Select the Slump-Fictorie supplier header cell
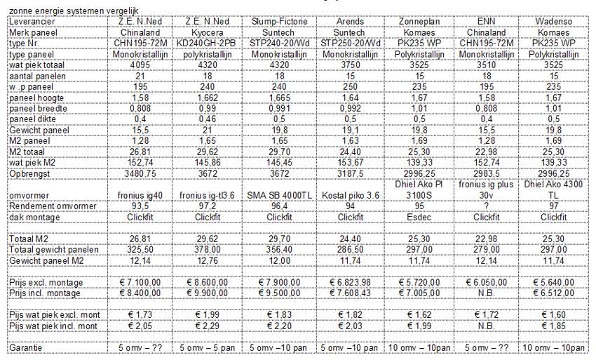pos(280,22)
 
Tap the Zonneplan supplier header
pos(419,22)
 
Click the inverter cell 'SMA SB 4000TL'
pos(280,193)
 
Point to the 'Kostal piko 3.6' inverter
pos(349,193)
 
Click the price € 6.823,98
pos(349,281)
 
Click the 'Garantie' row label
pos(27,347)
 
